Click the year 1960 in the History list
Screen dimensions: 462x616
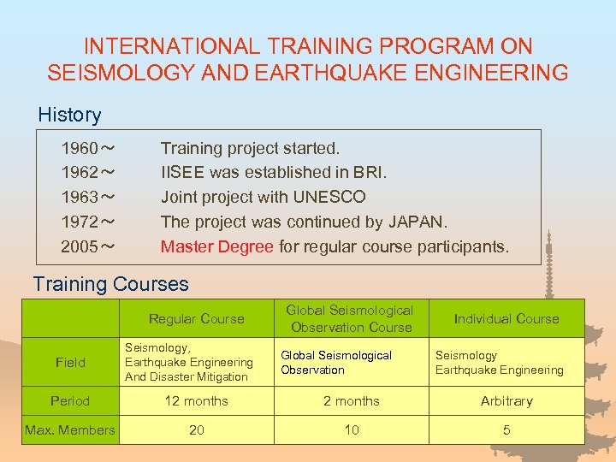(79, 149)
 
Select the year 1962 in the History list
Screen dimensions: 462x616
(79, 173)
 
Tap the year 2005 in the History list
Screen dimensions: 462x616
(79, 247)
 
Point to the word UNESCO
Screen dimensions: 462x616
(329, 198)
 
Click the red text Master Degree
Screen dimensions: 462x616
(217, 247)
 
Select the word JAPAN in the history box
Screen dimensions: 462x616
(417, 222)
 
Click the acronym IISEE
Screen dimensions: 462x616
(184, 173)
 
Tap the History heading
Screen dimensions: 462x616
(69, 115)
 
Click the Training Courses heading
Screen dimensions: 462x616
(110, 284)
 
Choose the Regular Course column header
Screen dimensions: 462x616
(196, 319)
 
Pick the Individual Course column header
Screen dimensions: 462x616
(506, 319)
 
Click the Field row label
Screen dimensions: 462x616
(70, 363)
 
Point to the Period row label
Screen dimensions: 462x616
(70, 401)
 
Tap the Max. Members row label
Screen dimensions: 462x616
(70, 430)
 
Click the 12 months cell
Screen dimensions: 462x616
(196, 401)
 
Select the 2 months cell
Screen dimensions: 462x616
(351, 401)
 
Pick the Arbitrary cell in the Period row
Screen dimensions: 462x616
(506, 401)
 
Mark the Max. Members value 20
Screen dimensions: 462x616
(196, 430)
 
